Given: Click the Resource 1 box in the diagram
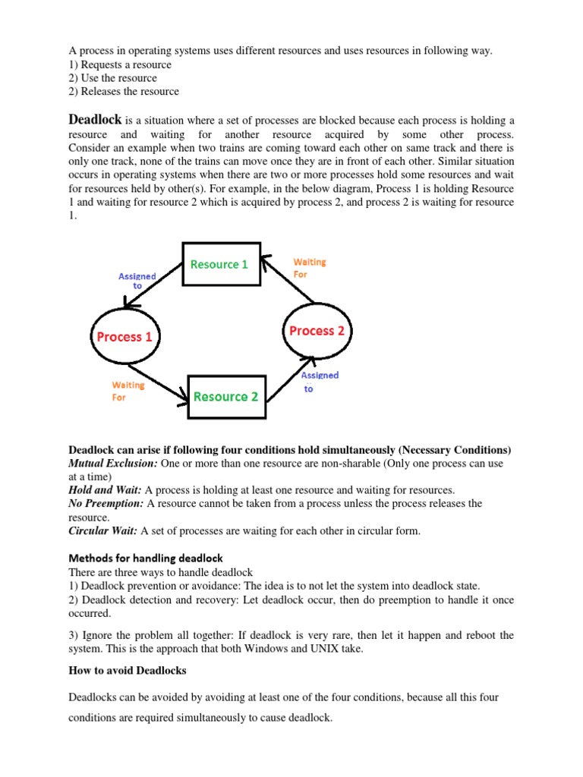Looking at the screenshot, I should [219, 264].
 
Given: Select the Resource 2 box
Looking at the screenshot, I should [225, 396].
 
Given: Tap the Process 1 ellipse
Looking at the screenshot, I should [126, 337].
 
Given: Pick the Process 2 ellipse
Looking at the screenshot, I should [317, 331].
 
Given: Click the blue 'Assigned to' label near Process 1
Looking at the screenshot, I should [137, 281].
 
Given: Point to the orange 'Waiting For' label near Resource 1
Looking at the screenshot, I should [309, 268].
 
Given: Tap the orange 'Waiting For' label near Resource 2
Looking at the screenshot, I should [128, 391].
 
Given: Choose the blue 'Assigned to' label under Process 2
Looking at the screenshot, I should [320, 382].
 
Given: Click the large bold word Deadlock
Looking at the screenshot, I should [95, 119].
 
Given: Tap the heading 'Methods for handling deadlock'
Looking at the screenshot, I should [146, 558].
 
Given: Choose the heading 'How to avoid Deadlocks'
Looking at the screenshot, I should [127, 671].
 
